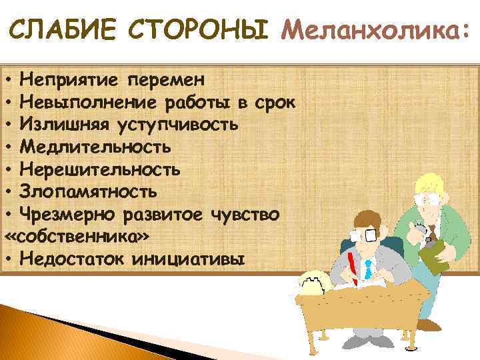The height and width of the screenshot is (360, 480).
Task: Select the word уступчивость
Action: (x=177, y=125)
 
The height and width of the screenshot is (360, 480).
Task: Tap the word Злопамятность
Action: (x=89, y=191)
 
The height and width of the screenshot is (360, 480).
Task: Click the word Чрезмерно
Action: (x=69, y=214)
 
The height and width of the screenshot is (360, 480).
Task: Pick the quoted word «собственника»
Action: (x=77, y=236)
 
